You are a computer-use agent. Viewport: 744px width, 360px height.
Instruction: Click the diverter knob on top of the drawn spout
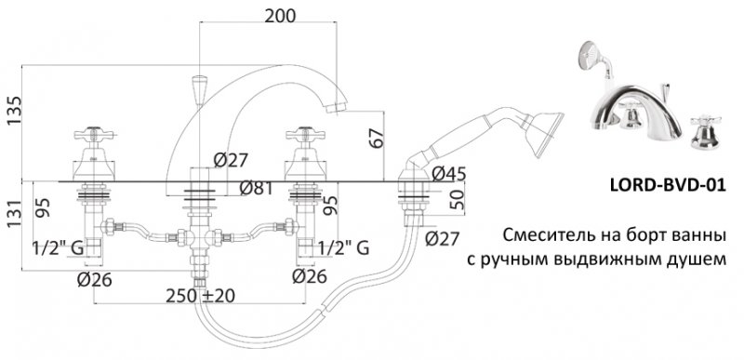197,90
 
